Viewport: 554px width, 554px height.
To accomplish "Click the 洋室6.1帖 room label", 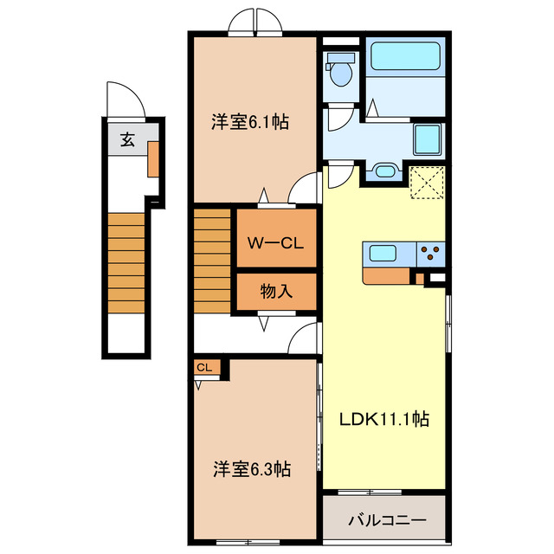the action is [250, 122].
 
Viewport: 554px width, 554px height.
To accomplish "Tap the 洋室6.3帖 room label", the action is [252, 469].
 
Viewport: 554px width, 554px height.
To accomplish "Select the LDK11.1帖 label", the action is [384, 419].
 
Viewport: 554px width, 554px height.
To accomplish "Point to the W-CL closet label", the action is [275, 243].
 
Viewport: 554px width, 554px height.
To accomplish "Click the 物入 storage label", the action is [276, 292].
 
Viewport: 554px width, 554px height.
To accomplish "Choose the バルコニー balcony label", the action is [387, 520].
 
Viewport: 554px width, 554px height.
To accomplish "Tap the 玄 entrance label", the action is [127, 139].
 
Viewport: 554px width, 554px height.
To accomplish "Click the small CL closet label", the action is [204, 367].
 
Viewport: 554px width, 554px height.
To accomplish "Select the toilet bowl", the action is [340, 69].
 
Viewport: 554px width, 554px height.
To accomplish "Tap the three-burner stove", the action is [431, 253].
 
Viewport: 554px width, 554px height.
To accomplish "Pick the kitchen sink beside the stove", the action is [383, 253].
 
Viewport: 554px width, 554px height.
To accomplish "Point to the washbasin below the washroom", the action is [384, 171].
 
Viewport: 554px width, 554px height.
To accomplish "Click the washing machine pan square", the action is [427, 139].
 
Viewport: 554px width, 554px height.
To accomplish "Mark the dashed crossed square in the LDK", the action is [427, 183].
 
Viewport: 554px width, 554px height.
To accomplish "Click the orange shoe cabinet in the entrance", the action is [153, 158].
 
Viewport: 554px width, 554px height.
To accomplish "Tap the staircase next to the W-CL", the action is [211, 261].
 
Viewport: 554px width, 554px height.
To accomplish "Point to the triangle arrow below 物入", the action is [264, 324].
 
